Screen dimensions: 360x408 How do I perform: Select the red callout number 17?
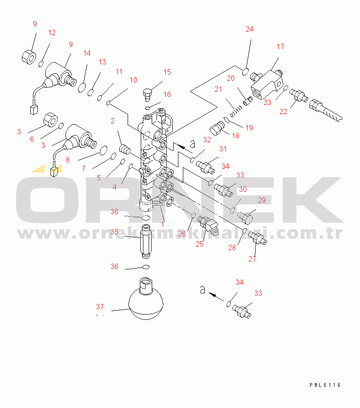[x=280, y=47]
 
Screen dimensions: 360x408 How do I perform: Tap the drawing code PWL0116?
[x=325, y=385]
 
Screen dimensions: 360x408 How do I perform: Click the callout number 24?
[x=249, y=29]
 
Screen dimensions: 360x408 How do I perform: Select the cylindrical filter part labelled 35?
[x=146, y=241]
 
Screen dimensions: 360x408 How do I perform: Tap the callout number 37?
[x=100, y=307]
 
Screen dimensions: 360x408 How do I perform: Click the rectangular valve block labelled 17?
[x=267, y=85]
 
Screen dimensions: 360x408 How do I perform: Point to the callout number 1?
[x=163, y=224]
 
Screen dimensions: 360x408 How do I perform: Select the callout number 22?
[x=283, y=111]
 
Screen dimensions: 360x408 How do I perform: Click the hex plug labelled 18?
[x=217, y=128]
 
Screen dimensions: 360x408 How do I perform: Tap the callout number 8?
[x=68, y=160]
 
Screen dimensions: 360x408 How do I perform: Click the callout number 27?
[x=252, y=259]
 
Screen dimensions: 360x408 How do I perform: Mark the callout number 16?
[x=167, y=94]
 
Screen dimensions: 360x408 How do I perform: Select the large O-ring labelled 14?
[x=82, y=87]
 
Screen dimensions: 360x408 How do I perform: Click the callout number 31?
[x=223, y=149]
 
